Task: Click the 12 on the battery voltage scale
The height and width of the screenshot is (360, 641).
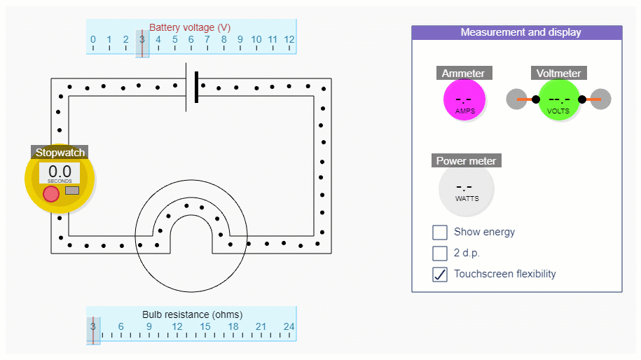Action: pyautogui.click(x=289, y=40)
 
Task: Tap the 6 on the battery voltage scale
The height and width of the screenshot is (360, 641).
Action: pyautogui.click(x=191, y=40)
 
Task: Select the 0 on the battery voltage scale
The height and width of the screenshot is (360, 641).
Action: pyautogui.click(x=93, y=40)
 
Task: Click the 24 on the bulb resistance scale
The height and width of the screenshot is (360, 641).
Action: pyautogui.click(x=289, y=326)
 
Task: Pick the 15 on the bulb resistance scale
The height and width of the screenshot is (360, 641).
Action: pyautogui.click(x=205, y=326)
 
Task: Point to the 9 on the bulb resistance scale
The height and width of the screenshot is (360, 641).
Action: pyautogui.click(x=149, y=326)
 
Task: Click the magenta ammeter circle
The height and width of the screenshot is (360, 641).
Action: pyautogui.click(x=464, y=100)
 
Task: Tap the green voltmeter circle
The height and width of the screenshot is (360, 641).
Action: pyautogui.click(x=559, y=100)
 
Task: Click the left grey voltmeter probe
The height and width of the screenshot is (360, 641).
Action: pyautogui.click(x=516, y=99)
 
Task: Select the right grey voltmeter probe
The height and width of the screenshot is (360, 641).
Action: pyautogui.click(x=601, y=99)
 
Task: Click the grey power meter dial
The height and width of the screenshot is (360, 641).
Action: pyautogui.click(x=467, y=189)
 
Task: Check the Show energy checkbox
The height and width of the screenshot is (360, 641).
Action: pyautogui.click(x=440, y=233)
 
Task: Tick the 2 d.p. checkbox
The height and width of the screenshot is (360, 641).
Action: pyautogui.click(x=440, y=253)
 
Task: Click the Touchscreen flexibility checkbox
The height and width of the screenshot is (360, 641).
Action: pyautogui.click(x=440, y=274)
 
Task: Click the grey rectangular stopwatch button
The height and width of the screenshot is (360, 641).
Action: pyautogui.click(x=72, y=191)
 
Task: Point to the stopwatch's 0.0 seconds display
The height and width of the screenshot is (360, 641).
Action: pyautogui.click(x=60, y=172)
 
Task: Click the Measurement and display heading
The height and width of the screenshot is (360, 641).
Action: pyautogui.click(x=521, y=32)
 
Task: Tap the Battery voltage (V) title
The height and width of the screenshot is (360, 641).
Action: pyautogui.click(x=190, y=27)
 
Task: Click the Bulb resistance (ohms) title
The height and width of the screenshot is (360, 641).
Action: pyautogui.click(x=192, y=314)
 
